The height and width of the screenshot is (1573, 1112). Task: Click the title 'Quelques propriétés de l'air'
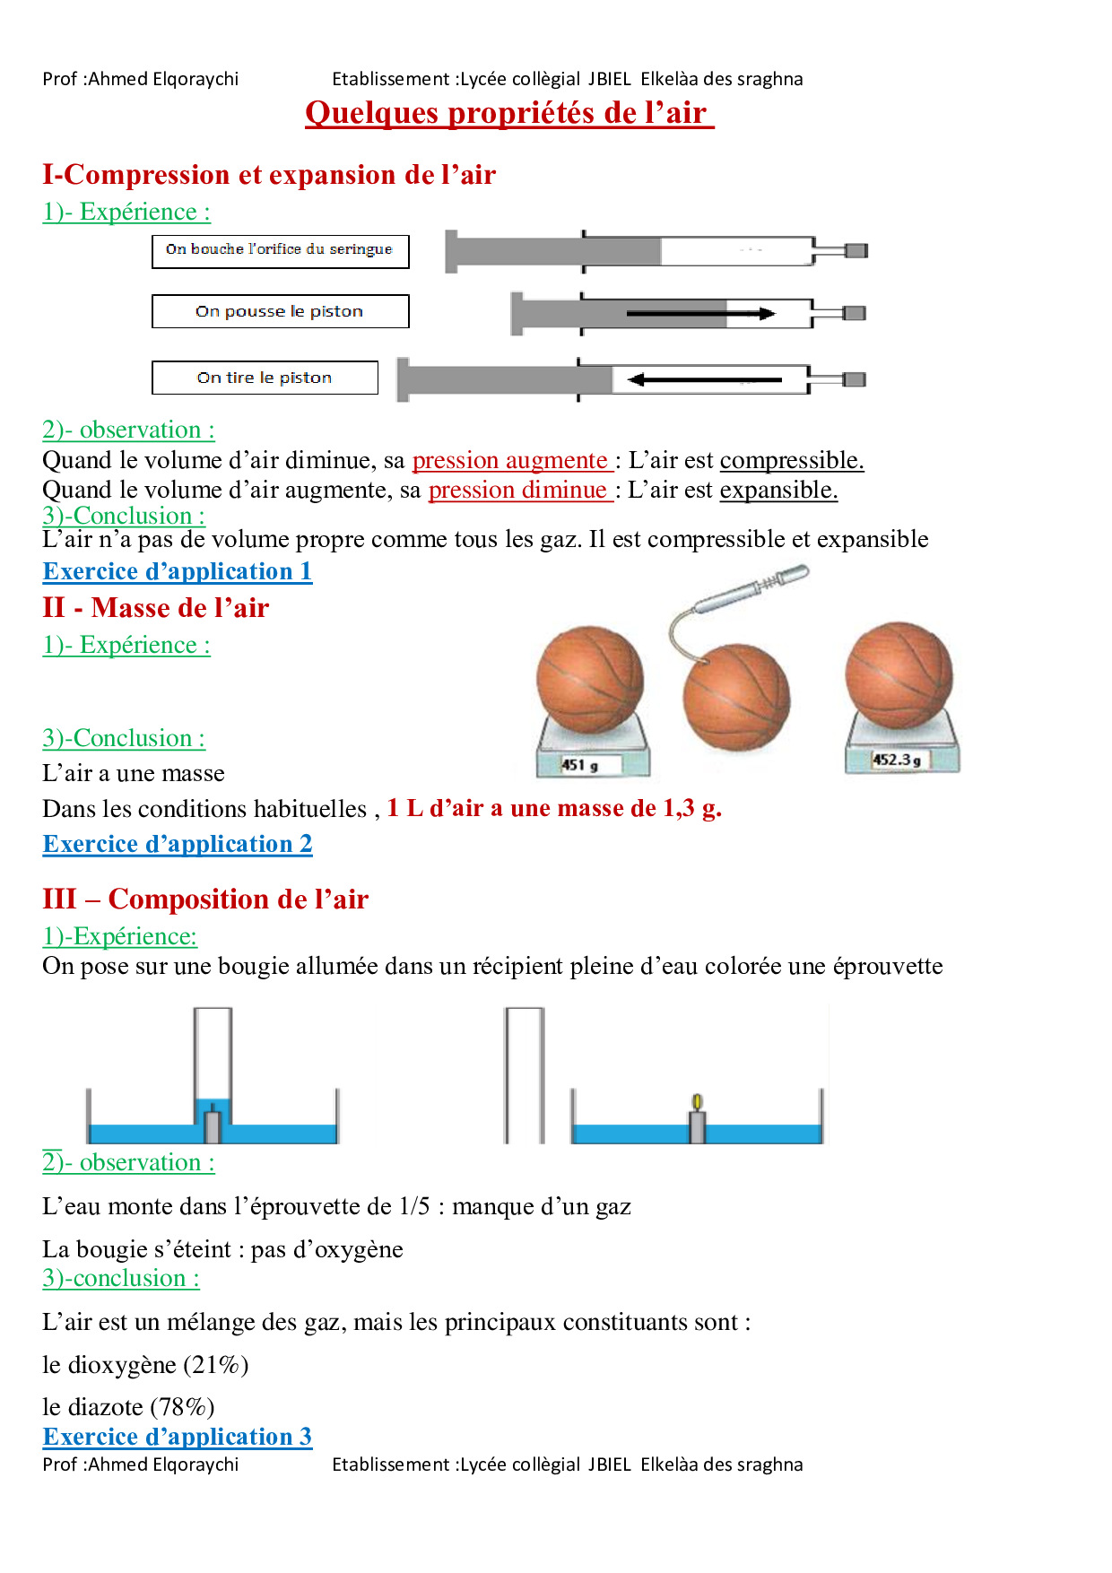coord(508,113)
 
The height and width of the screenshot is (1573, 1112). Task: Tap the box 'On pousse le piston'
coord(280,311)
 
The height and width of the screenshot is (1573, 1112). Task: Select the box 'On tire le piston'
coord(265,378)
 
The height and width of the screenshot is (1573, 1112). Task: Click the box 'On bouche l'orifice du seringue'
coord(280,250)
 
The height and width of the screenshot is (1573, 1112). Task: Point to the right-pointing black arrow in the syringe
coord(700,313)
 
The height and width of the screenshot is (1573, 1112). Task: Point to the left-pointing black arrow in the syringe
coord(704,379)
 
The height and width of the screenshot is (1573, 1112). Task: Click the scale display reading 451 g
coord(580,765)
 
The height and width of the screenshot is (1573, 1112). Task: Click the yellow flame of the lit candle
coord(697,1101)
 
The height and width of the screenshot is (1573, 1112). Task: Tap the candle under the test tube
coord(213,1127)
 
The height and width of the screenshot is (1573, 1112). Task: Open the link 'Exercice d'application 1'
coord(178,571)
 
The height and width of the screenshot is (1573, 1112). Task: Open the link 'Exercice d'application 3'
coord(178,1437)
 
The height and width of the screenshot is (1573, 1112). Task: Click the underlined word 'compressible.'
coord(792,460)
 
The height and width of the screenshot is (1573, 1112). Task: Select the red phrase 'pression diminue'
coord(518,490)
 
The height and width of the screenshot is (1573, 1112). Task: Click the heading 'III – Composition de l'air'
coord(205,899)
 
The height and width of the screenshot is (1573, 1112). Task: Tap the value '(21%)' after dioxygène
coord(216,1365)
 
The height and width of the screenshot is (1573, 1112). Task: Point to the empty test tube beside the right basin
coord(525,1074)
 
